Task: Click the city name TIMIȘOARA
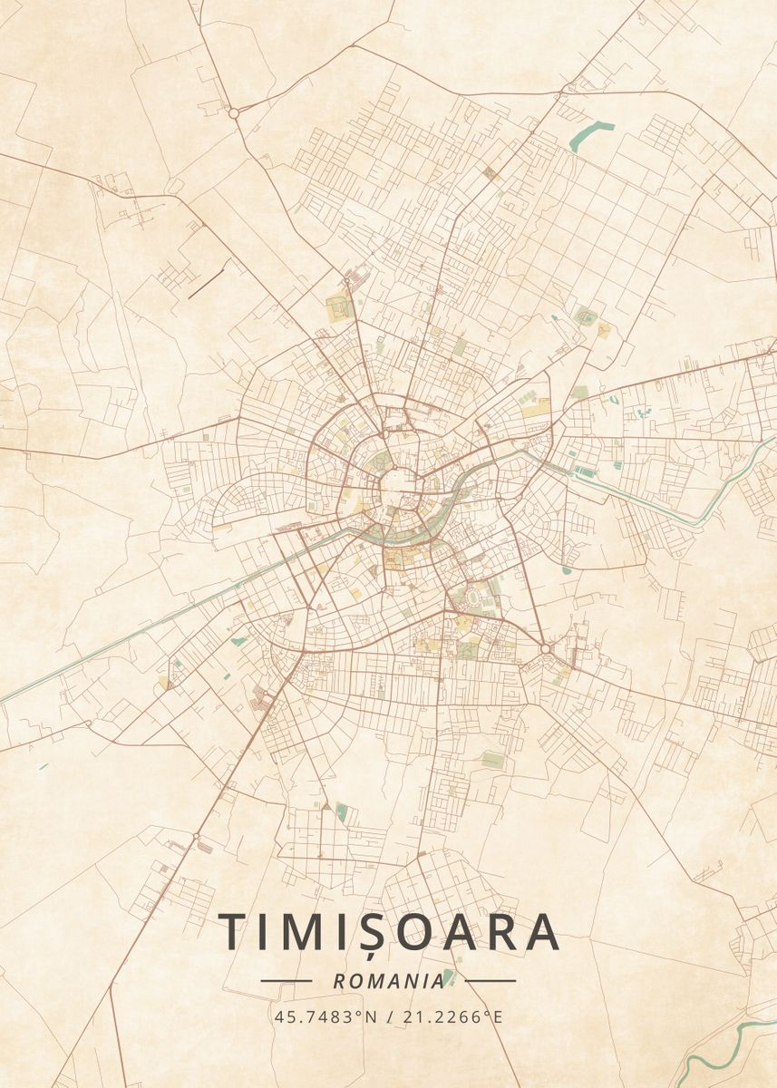point(388,931)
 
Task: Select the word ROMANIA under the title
point(388,981)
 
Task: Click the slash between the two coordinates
point(390,1016)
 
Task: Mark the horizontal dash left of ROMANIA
point(286,980)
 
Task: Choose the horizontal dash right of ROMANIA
point(490,980)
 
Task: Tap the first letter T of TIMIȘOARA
point(233,931)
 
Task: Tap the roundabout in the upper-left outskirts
point(233,113)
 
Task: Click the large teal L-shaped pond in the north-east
point(585,136)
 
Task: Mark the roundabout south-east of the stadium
point(545,648)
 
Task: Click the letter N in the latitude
point(370,1016)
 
